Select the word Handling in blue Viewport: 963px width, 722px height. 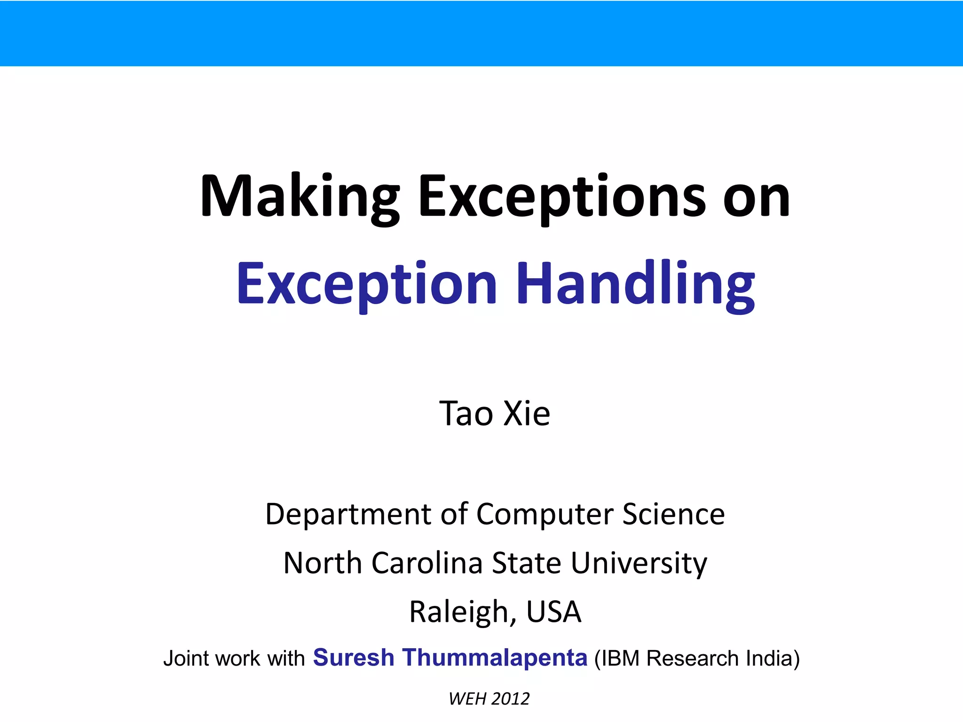point(636,284)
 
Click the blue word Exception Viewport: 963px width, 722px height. point(367,284)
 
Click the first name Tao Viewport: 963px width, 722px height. point(466,414)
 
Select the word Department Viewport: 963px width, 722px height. point(348,514)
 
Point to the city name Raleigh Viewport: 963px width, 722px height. point(459,612)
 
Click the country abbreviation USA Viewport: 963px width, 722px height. point(553,612)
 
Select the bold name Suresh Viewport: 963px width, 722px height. point(354,658)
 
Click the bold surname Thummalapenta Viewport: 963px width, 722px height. point(495,658)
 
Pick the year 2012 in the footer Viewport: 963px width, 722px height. point(510,699)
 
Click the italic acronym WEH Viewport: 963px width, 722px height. point(467,699)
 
